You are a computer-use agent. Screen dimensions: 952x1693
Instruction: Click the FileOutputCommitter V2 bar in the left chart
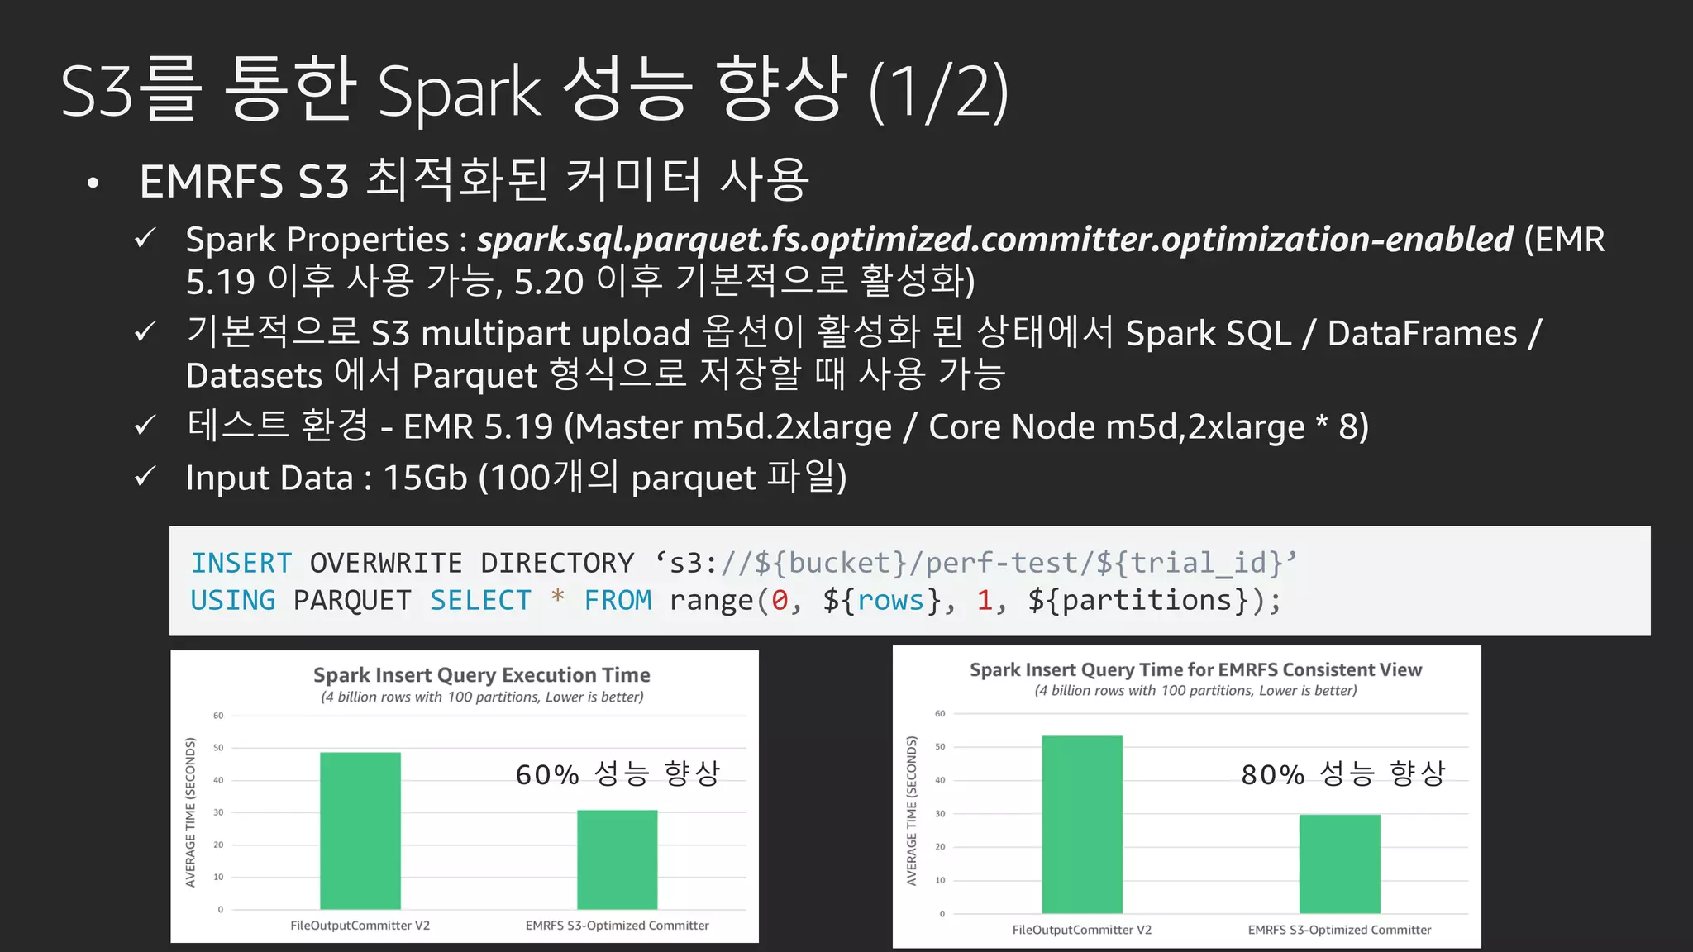(x=360, y=830)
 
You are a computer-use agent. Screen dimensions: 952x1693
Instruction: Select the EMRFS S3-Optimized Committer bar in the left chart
(x=617, y=859)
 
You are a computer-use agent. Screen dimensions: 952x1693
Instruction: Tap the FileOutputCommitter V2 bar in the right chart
(x=1082, y=824)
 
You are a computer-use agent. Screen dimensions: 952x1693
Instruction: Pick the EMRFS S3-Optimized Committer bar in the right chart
(x=1339, y=864)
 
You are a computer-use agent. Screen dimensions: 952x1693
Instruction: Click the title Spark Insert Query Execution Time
(x=481, y=675)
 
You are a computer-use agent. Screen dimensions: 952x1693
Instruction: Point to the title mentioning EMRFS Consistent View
(x=1195, y=669)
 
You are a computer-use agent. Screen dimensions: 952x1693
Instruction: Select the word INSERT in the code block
(x=241, y=563)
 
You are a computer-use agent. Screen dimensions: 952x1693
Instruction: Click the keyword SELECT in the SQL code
(x=480, y=600)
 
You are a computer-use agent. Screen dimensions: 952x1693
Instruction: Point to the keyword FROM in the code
(x=618, y=600)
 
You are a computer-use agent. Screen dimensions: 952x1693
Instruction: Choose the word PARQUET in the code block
(x=352, y=600)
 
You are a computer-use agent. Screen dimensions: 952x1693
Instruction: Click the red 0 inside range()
(x=780, y=600)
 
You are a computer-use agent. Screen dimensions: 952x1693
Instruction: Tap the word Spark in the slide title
(x=459, y=91)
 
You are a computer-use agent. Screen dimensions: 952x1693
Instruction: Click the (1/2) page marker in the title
(x=939, y=91)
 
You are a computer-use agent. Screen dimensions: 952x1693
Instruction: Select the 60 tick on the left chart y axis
(x=218, y=716)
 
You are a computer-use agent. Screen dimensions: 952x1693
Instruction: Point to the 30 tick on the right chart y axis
(x=940, y=814)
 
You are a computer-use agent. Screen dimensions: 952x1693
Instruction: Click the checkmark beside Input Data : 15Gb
(x=145, y=476)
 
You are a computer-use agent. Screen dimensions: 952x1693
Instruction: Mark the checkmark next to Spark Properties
(x=145, y=239)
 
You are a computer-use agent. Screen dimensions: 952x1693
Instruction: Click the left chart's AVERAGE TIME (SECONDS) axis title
(x=191, y=812)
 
